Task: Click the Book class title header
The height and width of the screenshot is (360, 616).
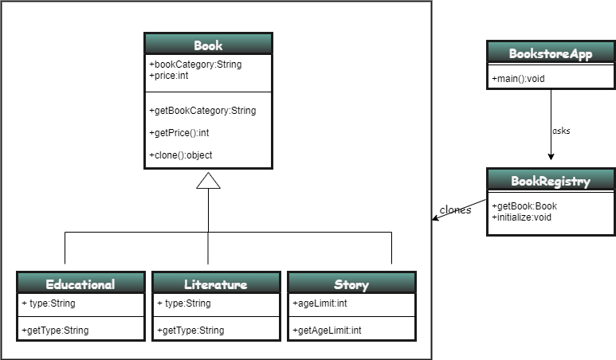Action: coord(208,45)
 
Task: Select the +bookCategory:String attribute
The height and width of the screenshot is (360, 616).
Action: coord(195,65)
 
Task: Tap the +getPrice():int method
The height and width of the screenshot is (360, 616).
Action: coord(179,133)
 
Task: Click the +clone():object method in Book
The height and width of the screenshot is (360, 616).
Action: coord(181,155)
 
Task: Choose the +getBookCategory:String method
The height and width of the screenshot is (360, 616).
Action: coord(202,111)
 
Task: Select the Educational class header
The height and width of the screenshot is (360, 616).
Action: coord(80,284)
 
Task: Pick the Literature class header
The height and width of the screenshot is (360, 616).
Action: coord(216,284)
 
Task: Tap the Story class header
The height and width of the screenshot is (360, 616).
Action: coord(351,284)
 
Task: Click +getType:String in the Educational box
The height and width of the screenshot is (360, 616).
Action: coord(55,330)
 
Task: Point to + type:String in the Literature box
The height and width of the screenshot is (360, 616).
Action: coord(184,303)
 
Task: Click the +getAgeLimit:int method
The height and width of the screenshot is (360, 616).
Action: coord(328,330)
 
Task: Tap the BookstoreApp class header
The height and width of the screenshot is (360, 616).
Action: coord(551,53)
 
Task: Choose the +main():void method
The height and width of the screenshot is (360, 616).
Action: coord(518,78)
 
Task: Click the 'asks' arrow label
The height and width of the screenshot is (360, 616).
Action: coord(561,131)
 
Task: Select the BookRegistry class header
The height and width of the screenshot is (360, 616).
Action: coord(551,181)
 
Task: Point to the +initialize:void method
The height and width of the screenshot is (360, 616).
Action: coord(523,217)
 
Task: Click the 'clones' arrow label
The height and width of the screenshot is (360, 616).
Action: coord(455,210)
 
